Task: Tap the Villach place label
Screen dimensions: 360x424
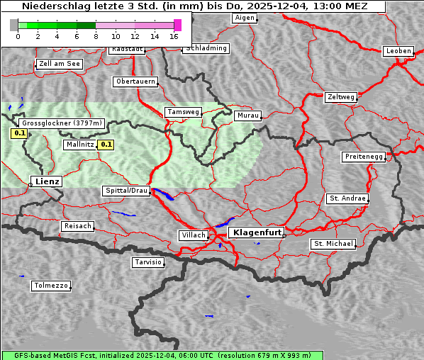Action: pyautogui.click(x=193, y=235)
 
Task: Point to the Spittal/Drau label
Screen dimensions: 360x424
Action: pyautogui.click(x=126, y=191)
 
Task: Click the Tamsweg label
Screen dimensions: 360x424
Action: pyautogui.click(x=184, y=112)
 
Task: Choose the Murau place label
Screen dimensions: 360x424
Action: pyautogui.click(x=248, y=115)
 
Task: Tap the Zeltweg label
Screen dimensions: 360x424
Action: pyautogui.click(x=340, y=96)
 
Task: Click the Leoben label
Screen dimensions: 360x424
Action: pyautogui.click(x=398, y=51)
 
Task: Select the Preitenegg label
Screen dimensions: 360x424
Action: pyautogui.click(x=364, y=156)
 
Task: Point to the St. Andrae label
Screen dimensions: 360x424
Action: pyautogui.click(x=347, y=198)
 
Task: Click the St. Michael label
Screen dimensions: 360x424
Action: pyautogui.click(x=333, y=244)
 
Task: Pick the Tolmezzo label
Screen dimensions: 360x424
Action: pyautogui.click(x=51, y=286)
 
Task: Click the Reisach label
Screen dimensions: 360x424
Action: pyautogui.click(x=77, y=226)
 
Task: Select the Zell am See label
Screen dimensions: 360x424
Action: pyautogui.click(x=60, y=64)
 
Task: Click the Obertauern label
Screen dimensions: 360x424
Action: pyautogui.click(x=135, y=81)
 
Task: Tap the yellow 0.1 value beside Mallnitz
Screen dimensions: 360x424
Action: pyautogui.click(x=106, y=145)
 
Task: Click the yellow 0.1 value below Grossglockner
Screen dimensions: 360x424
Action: pyautogui.click(x=19, y=133)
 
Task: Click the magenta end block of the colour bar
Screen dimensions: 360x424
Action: pyautogui.click(x=177, y=25)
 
